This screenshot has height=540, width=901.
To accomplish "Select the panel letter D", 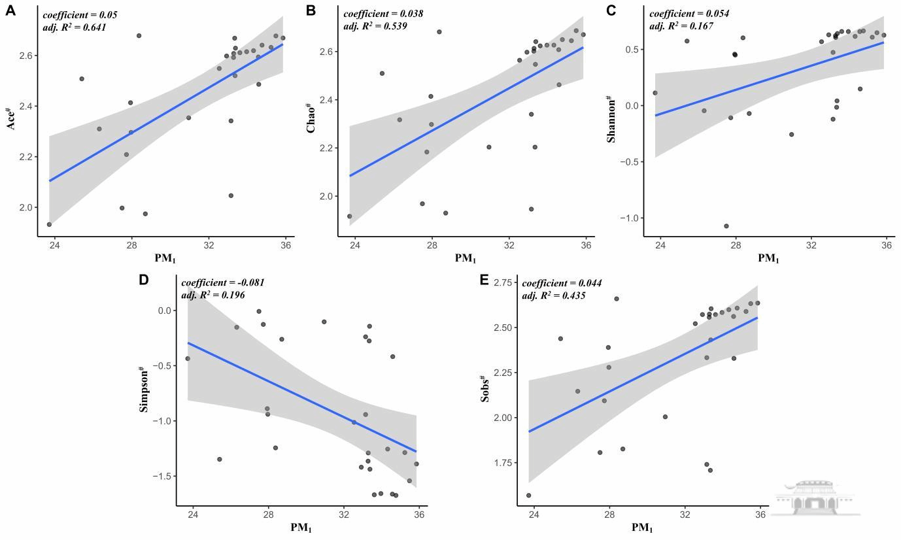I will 144,280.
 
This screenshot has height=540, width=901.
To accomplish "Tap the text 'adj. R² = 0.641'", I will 74,27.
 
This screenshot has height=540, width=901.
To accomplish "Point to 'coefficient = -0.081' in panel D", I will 222,282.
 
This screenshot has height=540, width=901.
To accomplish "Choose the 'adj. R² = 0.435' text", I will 553,295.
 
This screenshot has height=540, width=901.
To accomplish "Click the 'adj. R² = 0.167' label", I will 681,26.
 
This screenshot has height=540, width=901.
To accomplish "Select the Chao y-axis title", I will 312,118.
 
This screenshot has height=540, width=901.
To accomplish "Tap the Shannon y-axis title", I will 612,118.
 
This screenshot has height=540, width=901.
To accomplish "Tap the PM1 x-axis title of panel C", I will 768,258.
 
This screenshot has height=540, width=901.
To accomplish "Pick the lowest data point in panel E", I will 528,496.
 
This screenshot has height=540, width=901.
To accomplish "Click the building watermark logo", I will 815,497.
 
